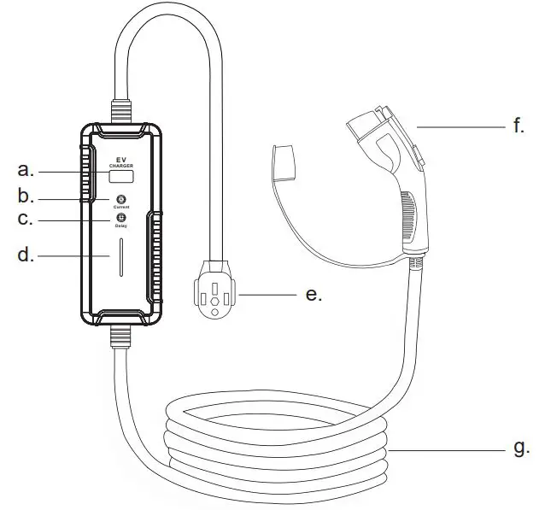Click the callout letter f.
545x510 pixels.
point(519,126)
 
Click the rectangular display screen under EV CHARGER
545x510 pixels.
point(120,177)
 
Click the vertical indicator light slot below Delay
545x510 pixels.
point(120,257)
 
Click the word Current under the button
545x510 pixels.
point(120,207)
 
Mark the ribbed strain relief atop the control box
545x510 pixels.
point(119,111)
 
